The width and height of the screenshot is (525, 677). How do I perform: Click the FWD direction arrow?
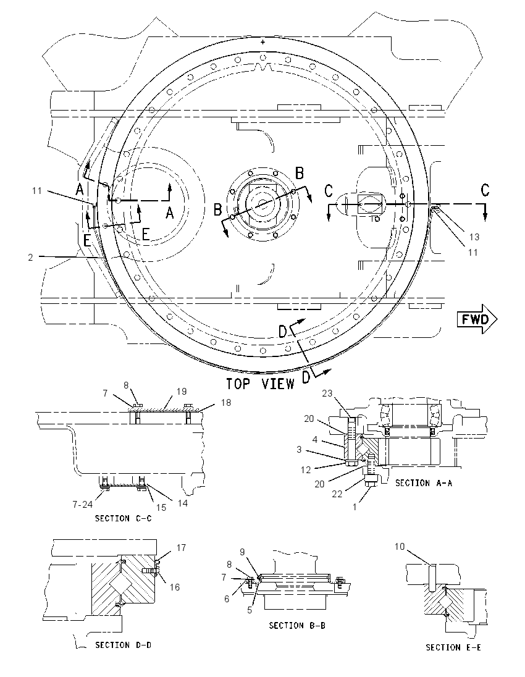pos(477,319)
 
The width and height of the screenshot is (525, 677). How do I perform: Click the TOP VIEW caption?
pos(261,384)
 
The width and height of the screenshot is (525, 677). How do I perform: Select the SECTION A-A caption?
pos(424,483)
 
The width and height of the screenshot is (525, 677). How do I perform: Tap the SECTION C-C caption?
pos(124,518)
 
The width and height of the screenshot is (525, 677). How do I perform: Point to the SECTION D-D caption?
pos(124,645)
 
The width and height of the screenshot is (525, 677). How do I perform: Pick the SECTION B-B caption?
pos(297,625)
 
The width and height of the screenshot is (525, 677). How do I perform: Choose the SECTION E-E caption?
pos(453,647)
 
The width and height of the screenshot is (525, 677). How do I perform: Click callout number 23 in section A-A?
pos(328,393)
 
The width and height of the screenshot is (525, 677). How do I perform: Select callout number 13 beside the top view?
pos(474,237)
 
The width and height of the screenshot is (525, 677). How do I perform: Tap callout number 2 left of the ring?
pos(30,258)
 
